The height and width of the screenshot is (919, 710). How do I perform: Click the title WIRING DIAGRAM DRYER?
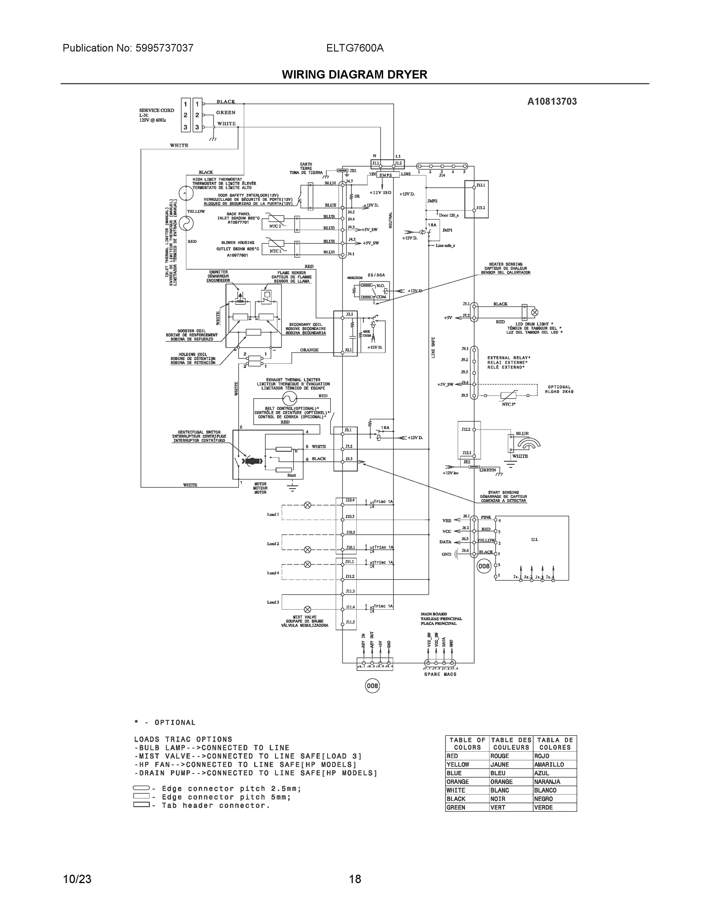[x=354, y=75]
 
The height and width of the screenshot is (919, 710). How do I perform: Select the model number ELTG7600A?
[x=354, y=48]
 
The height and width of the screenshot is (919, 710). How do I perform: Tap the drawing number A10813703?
[x=552, y=101]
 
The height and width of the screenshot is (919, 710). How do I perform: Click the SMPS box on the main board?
[x=385, y=175]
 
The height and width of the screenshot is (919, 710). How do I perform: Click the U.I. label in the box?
[x=534, y=540]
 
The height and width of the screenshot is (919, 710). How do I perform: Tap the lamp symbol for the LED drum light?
[x=535, y=312]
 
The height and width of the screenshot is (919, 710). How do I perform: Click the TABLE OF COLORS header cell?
[x=467, y=744]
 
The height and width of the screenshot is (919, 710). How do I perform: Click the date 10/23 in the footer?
[x=77, y=879]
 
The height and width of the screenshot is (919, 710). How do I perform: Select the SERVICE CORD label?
[x=157, y=111]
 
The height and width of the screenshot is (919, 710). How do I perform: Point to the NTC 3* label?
[x=509, y=404]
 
